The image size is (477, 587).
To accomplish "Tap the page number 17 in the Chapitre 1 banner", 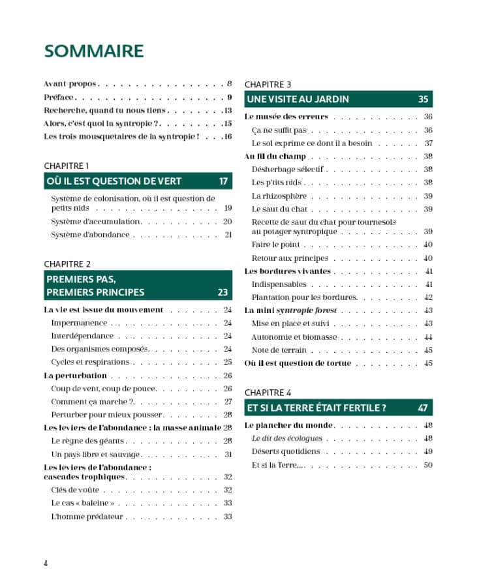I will (224, 181).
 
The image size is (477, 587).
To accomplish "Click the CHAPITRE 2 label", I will (67, 263).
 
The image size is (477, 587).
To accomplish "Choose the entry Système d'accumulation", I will (96, 222).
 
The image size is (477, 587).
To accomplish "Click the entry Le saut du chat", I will (279, 209).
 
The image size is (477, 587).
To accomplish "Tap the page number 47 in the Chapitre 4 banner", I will (423, 408).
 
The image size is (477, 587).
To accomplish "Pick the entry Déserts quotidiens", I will (286, 451).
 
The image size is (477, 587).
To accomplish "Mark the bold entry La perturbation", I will (75, 376).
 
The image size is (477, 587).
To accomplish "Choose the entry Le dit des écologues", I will (287, 438).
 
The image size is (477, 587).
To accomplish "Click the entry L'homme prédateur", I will (87, 517).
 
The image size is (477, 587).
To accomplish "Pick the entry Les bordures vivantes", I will (287, 271).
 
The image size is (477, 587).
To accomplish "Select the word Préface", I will (59, 97).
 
